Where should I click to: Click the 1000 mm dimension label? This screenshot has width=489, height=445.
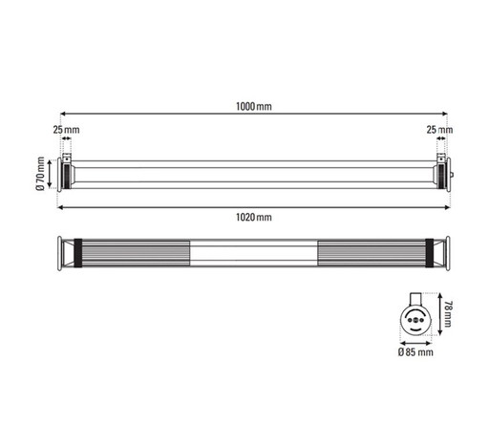click(252, 107)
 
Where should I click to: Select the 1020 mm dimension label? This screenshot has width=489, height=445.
click(253, 218)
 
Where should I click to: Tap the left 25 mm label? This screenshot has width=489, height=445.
click(65, 128)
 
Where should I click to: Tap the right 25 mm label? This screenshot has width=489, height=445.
click(440, 128)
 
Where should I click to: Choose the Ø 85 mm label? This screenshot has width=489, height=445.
click(415, 352)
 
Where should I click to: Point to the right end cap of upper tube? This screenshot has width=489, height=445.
click(441, 173)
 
